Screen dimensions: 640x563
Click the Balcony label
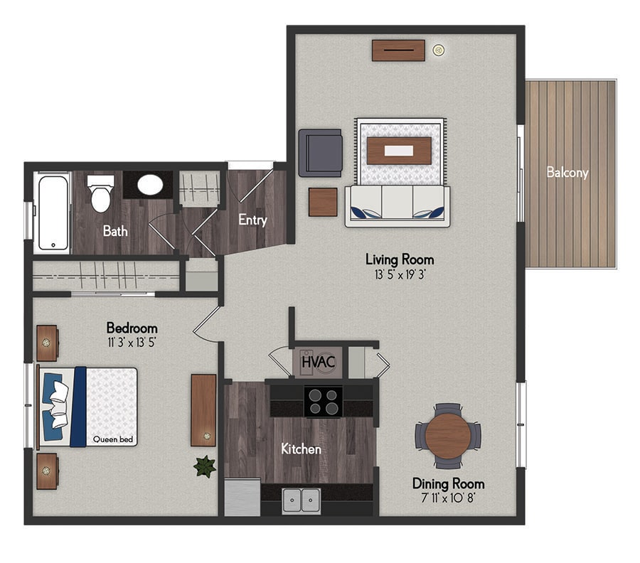(x=567, y=173)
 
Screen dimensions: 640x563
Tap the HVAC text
(x=319, y=362)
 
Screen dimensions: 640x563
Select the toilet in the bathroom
(x=100, y=193)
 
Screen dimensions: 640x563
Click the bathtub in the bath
(x=53, y=213)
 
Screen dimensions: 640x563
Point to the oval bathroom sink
(x=150, y=185)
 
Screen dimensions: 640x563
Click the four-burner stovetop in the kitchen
(x=324, y=402)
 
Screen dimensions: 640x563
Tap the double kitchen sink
(x=302, y=500)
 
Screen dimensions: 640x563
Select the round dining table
(x=448, y=436)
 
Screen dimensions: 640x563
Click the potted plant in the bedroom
(x=205, y=467)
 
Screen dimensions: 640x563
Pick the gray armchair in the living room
(x=321, y=153)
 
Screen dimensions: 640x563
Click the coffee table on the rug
(x=399, y=151)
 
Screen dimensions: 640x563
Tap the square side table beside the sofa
(x=323, y=202)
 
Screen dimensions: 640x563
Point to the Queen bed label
(x=113, y=439)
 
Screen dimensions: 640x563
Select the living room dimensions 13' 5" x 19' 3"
(x=400, y=275)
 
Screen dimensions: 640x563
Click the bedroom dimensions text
(x=132, y=343)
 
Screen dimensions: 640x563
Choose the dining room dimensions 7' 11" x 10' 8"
(x=448, y=498)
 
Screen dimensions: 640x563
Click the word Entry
(x=252, y=220)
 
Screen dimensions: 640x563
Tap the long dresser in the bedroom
(x=203, y=410)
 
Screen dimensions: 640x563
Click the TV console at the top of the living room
(x=398, y=50)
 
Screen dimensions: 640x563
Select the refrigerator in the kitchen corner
(x=242, y=497)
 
